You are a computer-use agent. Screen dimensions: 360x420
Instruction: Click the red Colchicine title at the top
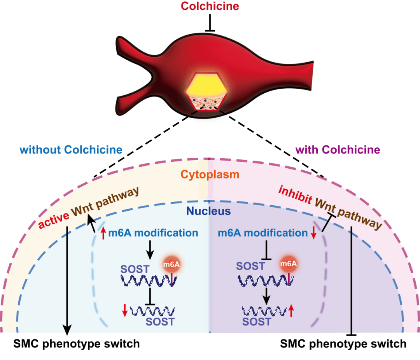click(210, 6)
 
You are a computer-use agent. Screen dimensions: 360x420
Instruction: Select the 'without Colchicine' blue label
click(71, 150)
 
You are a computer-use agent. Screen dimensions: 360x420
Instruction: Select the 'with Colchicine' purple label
click(338, 150)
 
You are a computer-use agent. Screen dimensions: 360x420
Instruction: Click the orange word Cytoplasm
click(210, 175)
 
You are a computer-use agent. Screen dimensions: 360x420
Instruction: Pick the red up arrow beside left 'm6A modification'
click(103, 234)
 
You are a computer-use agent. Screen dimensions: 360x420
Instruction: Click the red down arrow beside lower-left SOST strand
click(124, 310)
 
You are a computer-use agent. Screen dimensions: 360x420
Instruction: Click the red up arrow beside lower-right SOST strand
click(292, 310)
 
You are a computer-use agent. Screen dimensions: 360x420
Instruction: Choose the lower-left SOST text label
click(159, 322)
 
